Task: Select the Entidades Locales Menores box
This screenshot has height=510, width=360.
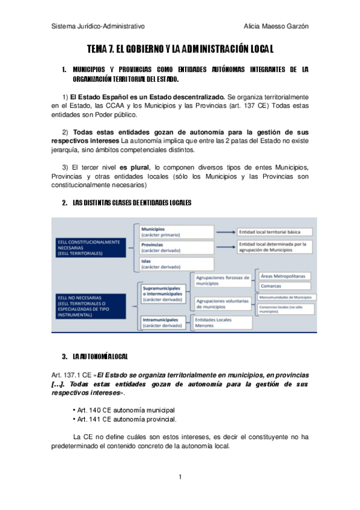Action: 221,322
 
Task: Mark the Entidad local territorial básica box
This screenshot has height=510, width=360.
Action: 273,232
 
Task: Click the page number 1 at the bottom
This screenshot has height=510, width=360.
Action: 180,477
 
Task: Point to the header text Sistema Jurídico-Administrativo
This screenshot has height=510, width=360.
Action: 99,26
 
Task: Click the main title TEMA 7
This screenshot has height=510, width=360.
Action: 180,48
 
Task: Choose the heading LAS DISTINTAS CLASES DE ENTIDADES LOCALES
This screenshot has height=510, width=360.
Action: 131,203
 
